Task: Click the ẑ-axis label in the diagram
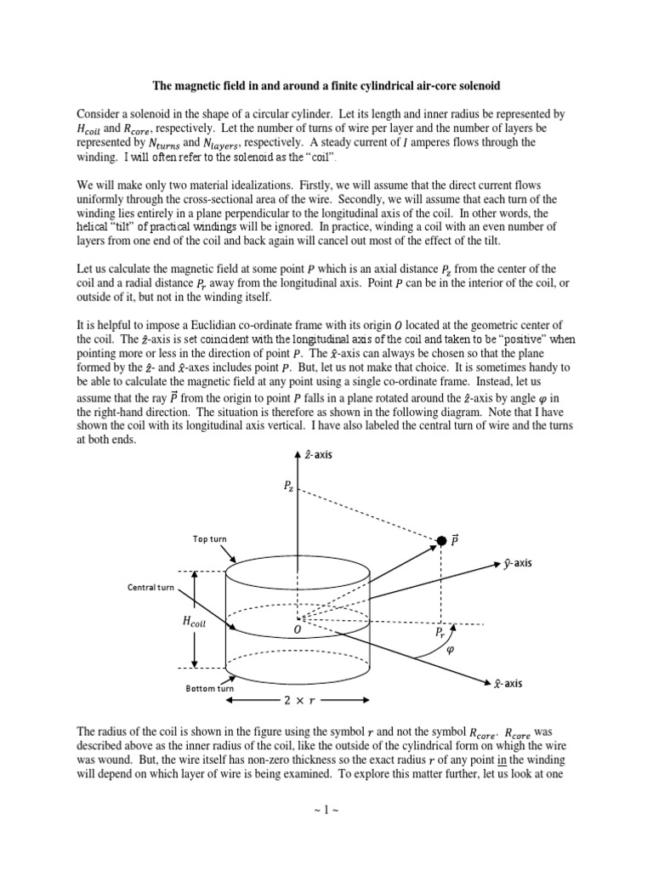317,455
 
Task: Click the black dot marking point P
441,541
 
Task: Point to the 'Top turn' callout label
209,539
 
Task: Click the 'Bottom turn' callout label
209,688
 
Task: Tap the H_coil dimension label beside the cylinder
195,623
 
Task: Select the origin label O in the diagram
298,630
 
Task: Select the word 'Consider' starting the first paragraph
99,113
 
